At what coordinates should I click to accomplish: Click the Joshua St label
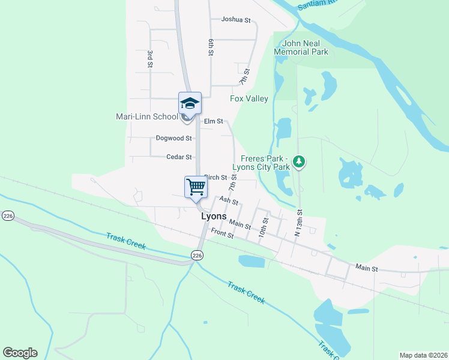click(x=235, y=20)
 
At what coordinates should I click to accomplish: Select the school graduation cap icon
click(x=190, y=104)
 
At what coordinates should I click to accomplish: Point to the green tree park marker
click(x=299, y=161)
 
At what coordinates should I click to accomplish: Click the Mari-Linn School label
click(x=147, y=116)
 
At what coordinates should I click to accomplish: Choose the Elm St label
click(x=213, y=121)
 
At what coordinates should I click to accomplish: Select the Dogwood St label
click(x=173, y=138)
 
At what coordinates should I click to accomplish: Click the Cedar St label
click(x=179, y=157)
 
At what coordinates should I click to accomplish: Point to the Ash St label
click(x=229, y=201)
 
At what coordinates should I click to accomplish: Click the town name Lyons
click(x=214, y=217)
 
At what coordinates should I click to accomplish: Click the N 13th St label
click(x=299, y=223)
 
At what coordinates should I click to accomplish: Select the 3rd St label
click(x=150, y=58)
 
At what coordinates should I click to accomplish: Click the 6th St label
click(x=211, y=47)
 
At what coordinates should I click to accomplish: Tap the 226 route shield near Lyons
click(x=196, y=256)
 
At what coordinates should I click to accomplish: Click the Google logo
click(x=20, y=353)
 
